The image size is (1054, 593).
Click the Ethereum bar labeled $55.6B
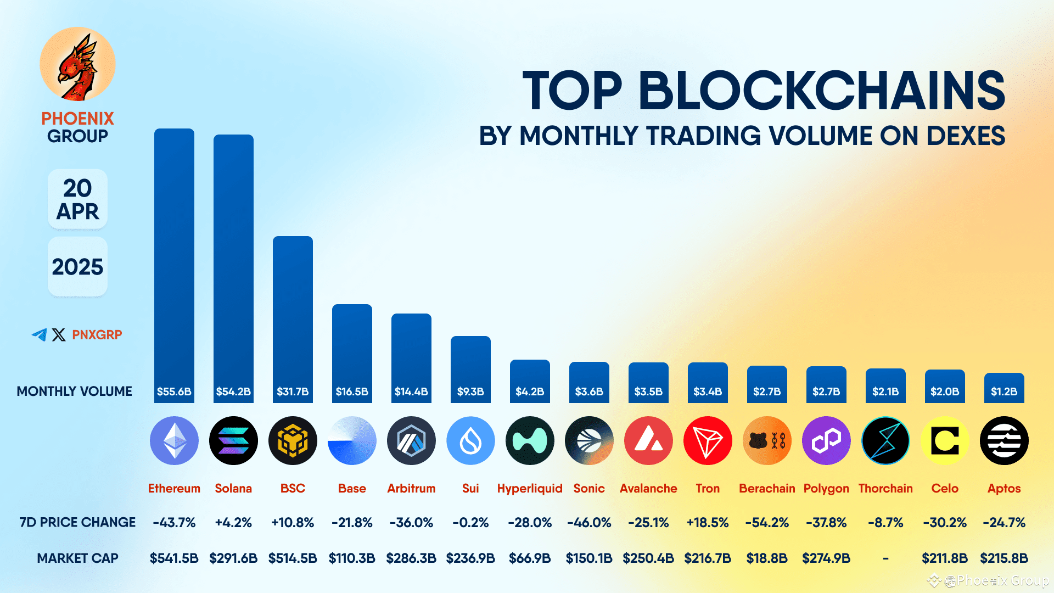[x=174, y=264]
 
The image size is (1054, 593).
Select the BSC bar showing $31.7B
[x=293, y=318]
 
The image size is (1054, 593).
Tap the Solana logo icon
[x=233, y=440]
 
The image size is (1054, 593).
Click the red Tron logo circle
[x=708, y=440]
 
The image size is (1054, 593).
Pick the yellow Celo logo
[x=945, y=440]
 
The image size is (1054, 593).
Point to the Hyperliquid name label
[x=530, y=488]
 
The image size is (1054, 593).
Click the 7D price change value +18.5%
[x=708, y=522]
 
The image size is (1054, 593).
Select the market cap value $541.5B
[x=174, y=558]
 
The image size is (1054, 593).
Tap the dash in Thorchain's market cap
[x=885, y=558]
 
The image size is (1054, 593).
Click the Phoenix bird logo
[x=77, y=65]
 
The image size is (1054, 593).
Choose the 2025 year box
[x=77, y=267]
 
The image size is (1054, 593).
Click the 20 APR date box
[x=77, y=199]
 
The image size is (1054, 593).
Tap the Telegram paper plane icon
[x=40, y=334]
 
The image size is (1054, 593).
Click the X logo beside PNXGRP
[x=59, y=334]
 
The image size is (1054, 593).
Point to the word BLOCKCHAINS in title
[x=821, y=91]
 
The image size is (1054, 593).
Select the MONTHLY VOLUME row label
[x=74, y=391]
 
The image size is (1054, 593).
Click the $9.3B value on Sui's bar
[x=470, y=391]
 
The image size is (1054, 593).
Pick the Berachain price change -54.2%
[x=767, y=522]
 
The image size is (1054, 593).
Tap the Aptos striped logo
[x=1004, y=440]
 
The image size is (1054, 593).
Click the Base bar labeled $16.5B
[x=352, y=351]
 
